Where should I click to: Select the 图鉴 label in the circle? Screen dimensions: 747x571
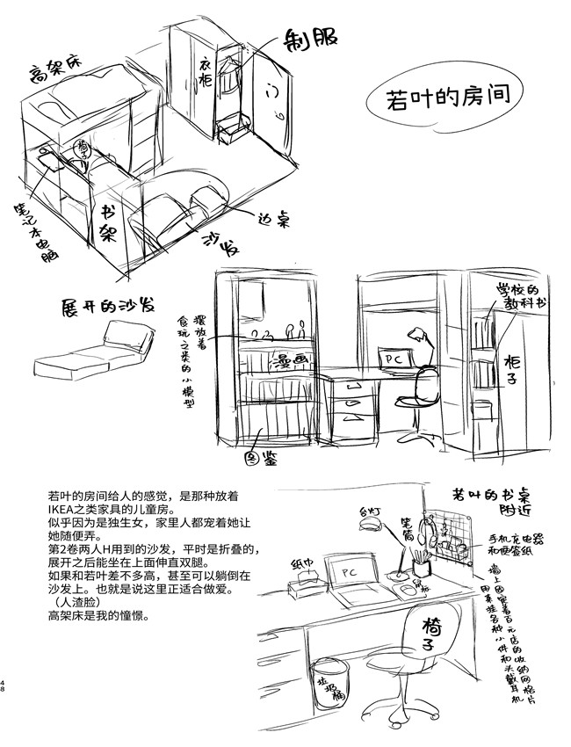255,459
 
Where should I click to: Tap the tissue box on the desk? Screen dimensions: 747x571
303,581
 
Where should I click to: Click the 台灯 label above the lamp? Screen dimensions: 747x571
360,507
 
